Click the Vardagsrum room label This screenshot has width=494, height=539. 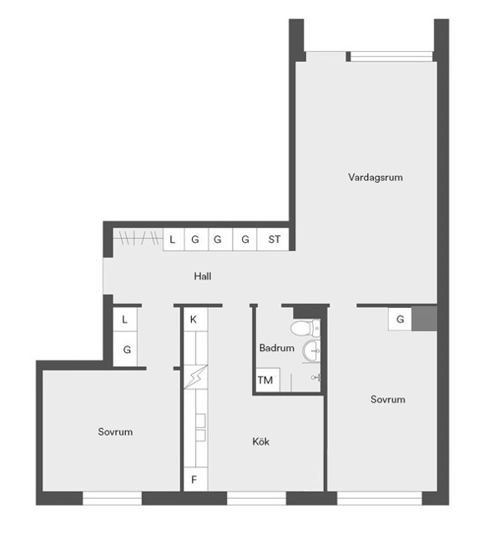pos(375,178)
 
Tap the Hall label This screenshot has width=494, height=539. pos(203,276)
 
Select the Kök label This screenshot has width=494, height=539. pos(260,441)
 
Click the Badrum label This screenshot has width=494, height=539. pos(277,348)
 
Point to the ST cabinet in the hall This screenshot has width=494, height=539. pos(274,239)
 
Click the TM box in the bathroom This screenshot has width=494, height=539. pos(266,380)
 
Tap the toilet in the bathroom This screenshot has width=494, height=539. pos(305,328)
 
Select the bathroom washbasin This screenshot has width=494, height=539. pos(311,350)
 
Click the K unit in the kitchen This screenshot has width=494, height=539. pos(195,320)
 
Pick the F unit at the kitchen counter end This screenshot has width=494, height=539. pos(195,479)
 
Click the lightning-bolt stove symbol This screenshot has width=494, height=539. pos(195,377)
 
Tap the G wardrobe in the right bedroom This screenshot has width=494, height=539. pos(401,319)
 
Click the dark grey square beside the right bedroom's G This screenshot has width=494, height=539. pos(424,319)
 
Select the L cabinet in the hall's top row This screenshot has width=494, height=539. pos(174,239)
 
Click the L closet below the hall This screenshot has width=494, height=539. pos(125,320)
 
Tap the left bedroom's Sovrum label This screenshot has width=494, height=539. pos(115,431)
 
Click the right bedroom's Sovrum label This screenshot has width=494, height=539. pos(388,400)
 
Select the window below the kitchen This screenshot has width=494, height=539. pos(256,498)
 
